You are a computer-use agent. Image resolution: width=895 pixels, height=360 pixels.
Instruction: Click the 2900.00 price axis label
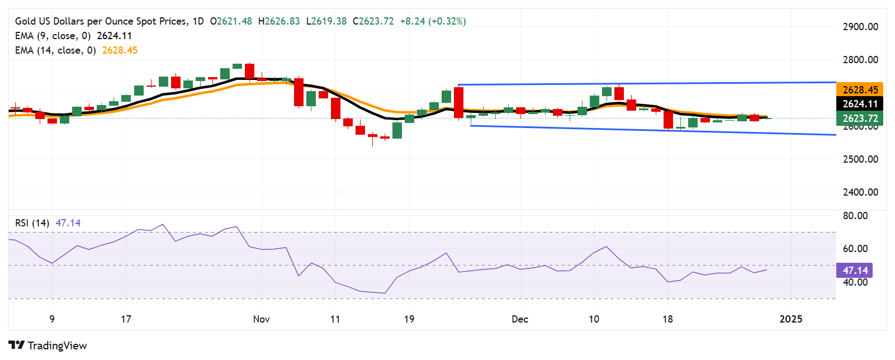tap(860, 27)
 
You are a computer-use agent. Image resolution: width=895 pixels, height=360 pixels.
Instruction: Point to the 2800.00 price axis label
tap(860, 60)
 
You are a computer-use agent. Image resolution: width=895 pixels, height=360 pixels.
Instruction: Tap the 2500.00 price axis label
tap(860, 159)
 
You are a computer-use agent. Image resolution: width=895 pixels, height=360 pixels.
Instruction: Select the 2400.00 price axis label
tap(860, 192)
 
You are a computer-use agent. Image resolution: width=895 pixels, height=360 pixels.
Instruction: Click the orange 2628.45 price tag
tap(860, 90)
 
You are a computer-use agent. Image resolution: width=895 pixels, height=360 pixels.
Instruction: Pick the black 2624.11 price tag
tap(860, 104)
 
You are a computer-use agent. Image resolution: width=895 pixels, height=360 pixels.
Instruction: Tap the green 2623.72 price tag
tap(860, 118)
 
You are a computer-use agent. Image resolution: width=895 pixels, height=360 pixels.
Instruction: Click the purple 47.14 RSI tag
tap(855, 271)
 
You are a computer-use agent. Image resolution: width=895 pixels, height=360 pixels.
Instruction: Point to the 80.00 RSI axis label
tap(855, 216)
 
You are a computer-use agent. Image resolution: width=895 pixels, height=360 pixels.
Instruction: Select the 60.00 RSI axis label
tap(855, 249)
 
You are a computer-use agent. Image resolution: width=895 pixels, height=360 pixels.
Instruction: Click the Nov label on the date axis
tap(261, 319)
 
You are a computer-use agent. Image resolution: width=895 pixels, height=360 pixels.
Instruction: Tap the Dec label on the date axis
tap(520, 319)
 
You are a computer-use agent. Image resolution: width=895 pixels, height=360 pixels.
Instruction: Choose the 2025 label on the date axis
tap(790, 319)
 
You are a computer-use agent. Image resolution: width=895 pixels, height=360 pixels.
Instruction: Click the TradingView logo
tap(48, 345)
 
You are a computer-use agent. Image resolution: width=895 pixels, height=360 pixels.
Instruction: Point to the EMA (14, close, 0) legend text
tap(55, 50)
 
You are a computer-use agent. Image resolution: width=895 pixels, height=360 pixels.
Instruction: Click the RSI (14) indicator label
tap(32, 223)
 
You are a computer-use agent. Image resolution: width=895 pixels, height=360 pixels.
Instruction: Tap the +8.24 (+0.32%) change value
tap(433, 21)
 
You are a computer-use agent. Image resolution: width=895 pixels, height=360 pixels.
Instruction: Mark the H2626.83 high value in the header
tap(279, 21)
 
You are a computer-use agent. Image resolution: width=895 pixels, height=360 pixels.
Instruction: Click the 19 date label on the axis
tap(409, 319)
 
